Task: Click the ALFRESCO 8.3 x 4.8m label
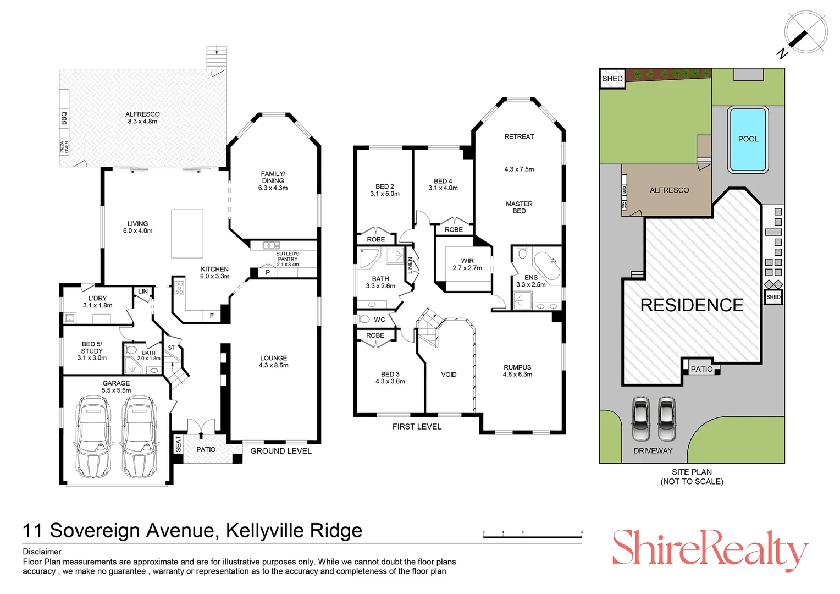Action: click(142, 118)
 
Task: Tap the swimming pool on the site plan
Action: click(747, 140)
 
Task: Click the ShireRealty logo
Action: click(710, 548)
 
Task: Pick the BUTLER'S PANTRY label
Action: click(288, 258)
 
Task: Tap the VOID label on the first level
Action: click(449, 375)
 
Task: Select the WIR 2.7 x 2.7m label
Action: click(467, 265)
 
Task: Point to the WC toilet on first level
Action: click(364, 319)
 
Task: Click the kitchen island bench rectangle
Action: click(187, 233)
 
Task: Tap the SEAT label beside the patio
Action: click(178, 444)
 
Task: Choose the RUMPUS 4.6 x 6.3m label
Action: click(517, 371)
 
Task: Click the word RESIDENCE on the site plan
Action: click(692, 305)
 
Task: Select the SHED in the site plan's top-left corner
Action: click(612, 79)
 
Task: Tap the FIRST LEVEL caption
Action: click(417, 427)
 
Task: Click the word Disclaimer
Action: click(42, 552)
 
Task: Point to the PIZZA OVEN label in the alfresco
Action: click(64, 147)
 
